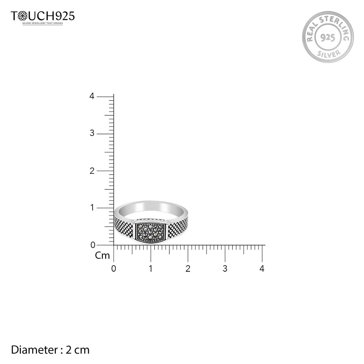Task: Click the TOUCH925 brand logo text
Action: pos(43,16)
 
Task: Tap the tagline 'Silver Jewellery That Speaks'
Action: pos(43,23)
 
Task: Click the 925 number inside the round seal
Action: pos(328,37)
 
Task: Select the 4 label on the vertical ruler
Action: pos(92,96)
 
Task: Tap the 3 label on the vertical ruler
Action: pos(92,133)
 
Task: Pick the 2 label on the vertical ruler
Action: pos(92,171)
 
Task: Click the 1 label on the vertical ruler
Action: pos(92,208)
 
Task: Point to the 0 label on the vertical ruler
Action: pos(93,245)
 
